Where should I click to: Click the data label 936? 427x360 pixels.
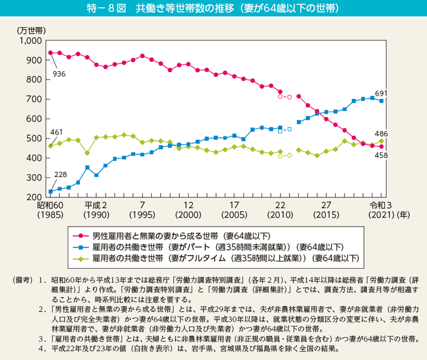[59, 74]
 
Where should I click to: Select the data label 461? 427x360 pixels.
[56, 132]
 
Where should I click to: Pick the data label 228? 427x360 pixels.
[60, 174]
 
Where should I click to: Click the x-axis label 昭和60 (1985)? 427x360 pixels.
[50, 209]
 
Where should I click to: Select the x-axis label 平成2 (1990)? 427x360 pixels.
[96, 209]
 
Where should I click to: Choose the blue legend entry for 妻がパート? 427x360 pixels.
[213, 247]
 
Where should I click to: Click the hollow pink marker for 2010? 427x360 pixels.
[280, 96]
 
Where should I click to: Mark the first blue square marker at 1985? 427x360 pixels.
[50, 192]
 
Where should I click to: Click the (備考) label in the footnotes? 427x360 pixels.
[17, 279]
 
